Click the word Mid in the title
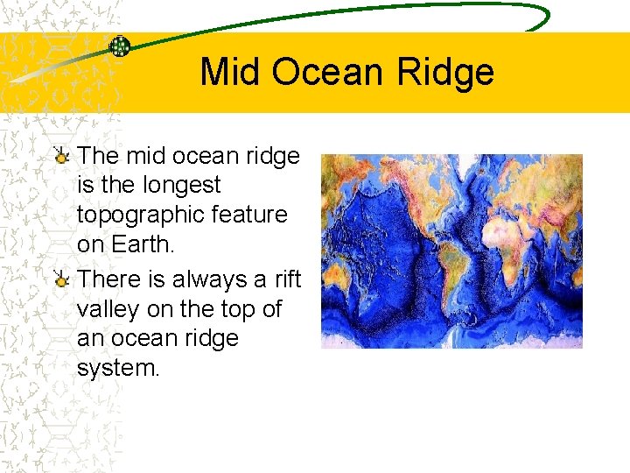[231, 73]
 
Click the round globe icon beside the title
[119, 46]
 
